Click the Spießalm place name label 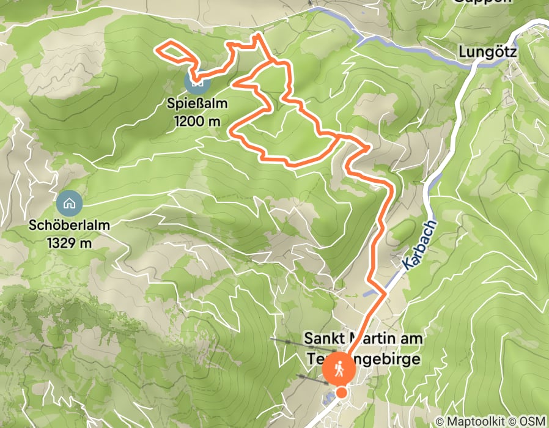(x=197, y=103)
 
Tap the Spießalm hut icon (x=197, y=80)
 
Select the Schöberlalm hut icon (x=69, y=202)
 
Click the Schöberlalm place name (x=69, y=225)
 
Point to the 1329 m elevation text (x=69, y=243)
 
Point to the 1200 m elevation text (x=197, y=120)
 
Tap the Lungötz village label (x=487, y=53)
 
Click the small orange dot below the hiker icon (x=342, y=392)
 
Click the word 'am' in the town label (x=410, y=338)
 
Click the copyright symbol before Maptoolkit (x=440, y=421)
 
